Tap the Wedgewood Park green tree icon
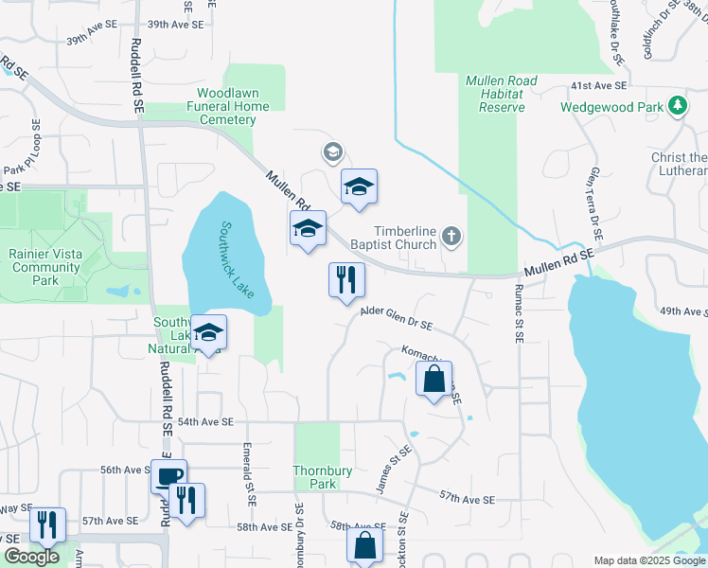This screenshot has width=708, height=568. [677, 107]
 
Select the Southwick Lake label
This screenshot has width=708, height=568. [238, 260]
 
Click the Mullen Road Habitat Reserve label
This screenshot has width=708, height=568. [494, 94]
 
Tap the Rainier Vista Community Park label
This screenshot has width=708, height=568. [44, 266]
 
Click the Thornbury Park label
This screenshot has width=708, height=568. [315, 477]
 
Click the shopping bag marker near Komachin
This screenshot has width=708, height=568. [434, 379]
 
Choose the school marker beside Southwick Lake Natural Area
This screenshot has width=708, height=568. [209, 332]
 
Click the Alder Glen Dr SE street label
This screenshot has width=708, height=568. [396, 322]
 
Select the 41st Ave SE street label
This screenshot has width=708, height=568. [598, 86]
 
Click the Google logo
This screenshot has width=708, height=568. [32, 556]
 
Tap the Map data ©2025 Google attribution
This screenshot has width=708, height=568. [648, 560]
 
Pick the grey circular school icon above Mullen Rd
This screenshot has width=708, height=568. [332, 151]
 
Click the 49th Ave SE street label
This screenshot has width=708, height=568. [683, 311]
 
